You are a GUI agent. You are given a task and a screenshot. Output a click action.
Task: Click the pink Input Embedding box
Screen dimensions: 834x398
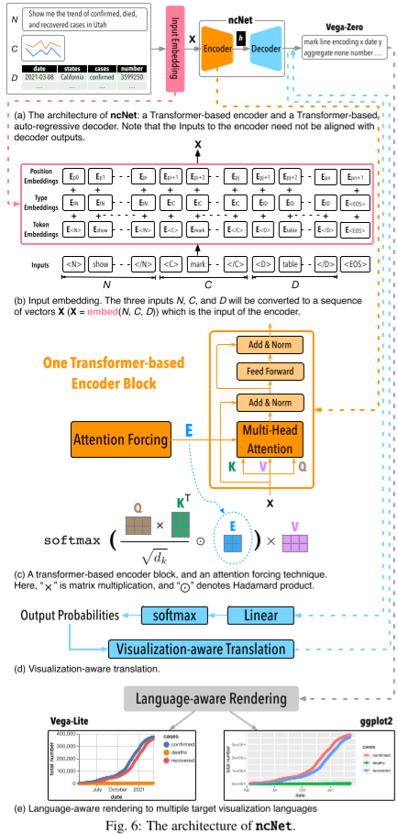pos(171,46)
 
